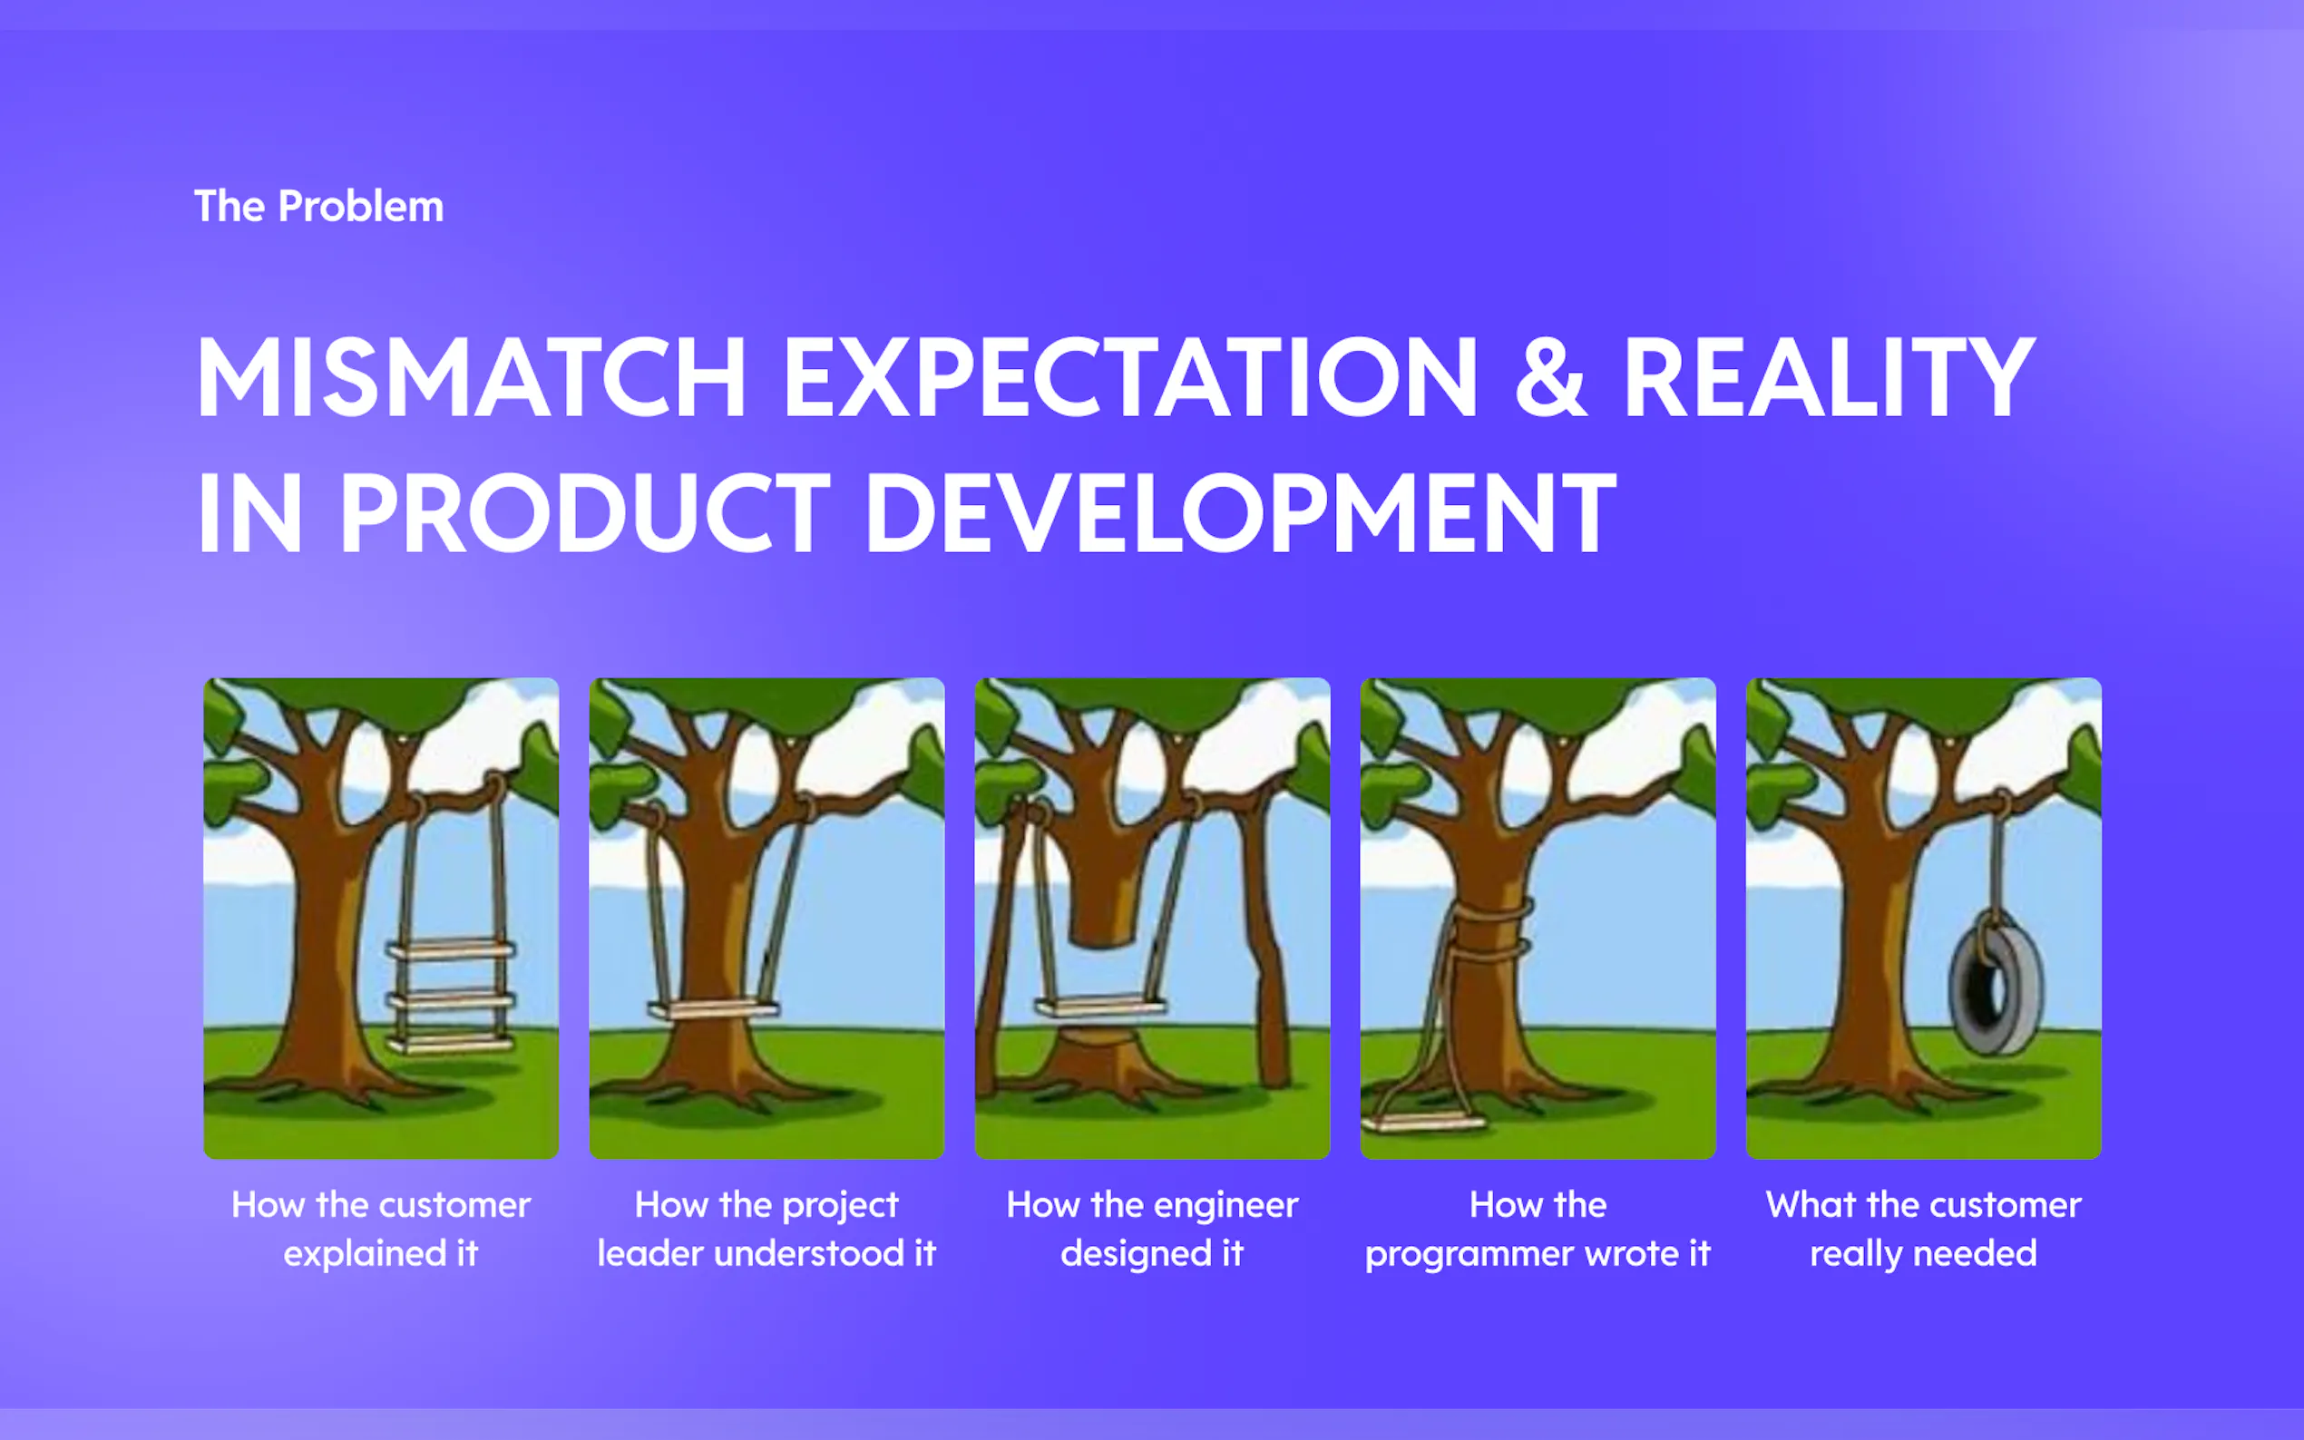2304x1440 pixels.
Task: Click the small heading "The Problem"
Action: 319,207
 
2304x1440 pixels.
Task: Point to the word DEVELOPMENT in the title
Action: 1241,513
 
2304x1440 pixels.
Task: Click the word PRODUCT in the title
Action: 585,513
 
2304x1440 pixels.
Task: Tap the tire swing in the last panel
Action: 1995,987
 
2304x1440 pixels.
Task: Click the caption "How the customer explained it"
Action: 381,1229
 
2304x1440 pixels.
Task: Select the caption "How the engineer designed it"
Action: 1153,1229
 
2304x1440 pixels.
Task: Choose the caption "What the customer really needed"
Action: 1923,1229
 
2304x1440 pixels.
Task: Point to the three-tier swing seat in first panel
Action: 451,997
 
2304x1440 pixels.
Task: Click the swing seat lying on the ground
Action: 1424,1121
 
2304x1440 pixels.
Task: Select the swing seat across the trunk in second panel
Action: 712,1007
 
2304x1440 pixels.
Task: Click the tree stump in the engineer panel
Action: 1100,1057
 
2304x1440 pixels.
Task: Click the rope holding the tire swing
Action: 1996,857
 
